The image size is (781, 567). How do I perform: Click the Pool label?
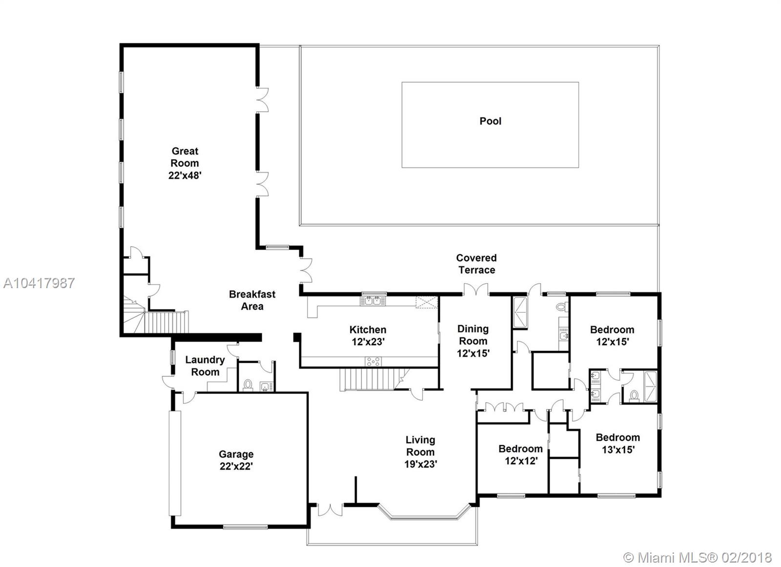pyautogui.click(x=490, y=121)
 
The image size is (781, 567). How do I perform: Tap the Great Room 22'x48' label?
pyautogui.click(x=185, y=163)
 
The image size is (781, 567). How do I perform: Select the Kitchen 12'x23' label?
pyautogui.click(x=368, y=335)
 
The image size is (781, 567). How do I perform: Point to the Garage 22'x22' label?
pyautogui.click(x=236, y=460)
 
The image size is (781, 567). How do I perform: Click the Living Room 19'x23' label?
pyautogui.click(x=420, y=452)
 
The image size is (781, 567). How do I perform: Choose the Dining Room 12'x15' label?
pyautogui.click(x=473, y=341)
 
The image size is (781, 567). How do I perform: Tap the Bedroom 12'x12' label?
pyautogui.click(x=520, y=454)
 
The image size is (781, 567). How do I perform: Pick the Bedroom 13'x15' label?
pyautogui.click(x=618, y=443)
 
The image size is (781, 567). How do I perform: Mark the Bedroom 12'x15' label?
pyautogui.click(x=612, y=335)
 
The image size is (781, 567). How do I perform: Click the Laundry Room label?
pyautogui.click(x=205, y=366)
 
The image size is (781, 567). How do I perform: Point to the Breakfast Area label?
pyautogui.click(x=252, y=300)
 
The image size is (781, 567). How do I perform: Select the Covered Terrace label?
pyautogui.click(x=476, y=264)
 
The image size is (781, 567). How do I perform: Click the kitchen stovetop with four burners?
pyautogui.click(x=373, y=362)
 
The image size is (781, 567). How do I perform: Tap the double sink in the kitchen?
pyautogui.click(x=373, y=301)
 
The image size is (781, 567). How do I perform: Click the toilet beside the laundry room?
pyautogui.click(x=248, y=385)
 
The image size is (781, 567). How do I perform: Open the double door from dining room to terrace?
pyautogui.click(x=476, y=290)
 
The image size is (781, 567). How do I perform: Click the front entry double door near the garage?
pyautogui.click(x=330, y=509)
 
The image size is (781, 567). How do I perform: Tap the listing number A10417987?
pyautogui.click(x=39, y=283)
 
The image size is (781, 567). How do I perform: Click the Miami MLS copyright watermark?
pyautogui.click(x=698, y=558)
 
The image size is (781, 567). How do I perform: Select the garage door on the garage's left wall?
pyautogui.click(x=175, y=463)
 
